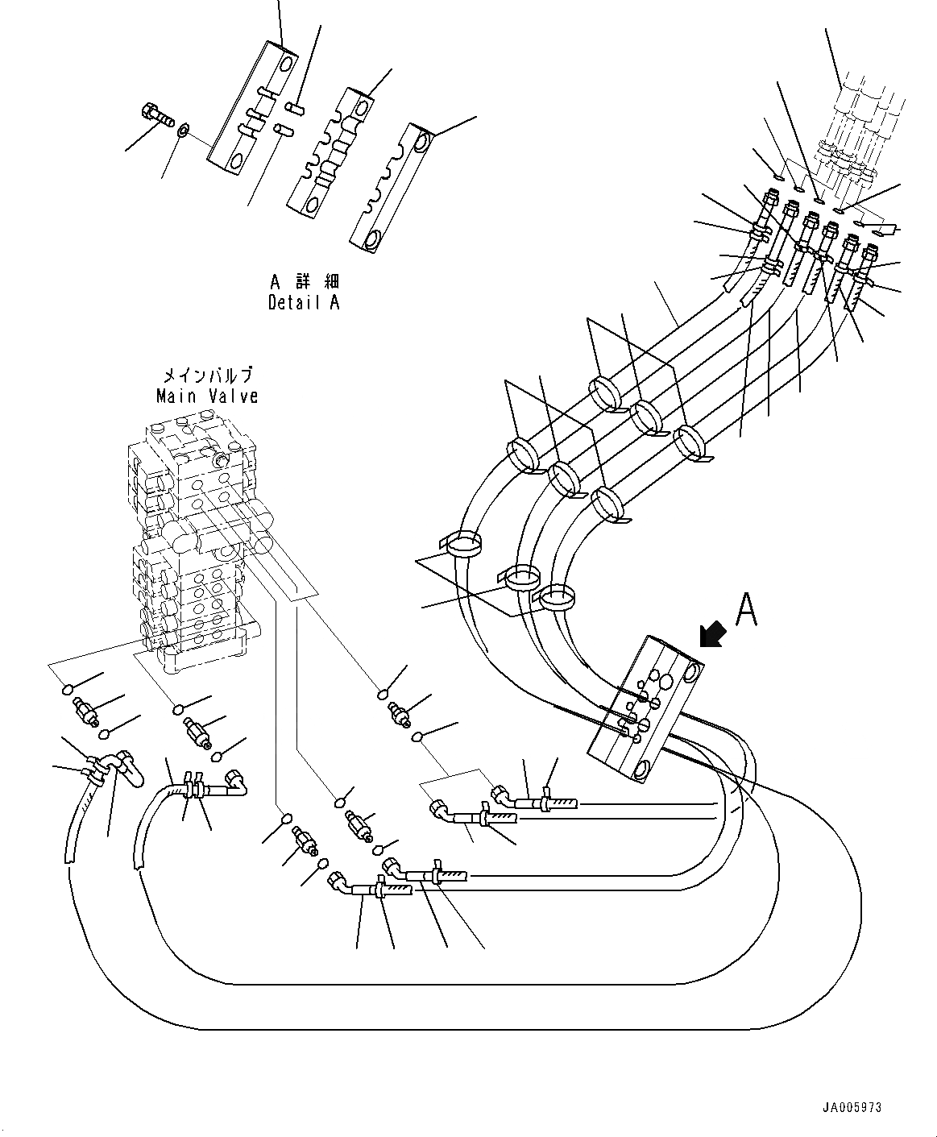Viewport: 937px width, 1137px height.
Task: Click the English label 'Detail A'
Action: pos(303,303)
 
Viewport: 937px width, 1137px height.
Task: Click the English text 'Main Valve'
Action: pos(207,396)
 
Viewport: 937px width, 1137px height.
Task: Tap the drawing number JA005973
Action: pos(852,1107)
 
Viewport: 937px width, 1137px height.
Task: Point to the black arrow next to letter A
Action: pos(713,633)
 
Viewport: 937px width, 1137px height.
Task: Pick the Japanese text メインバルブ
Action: pos(208,375)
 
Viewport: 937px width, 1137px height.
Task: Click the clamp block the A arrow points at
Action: pos(645,708)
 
